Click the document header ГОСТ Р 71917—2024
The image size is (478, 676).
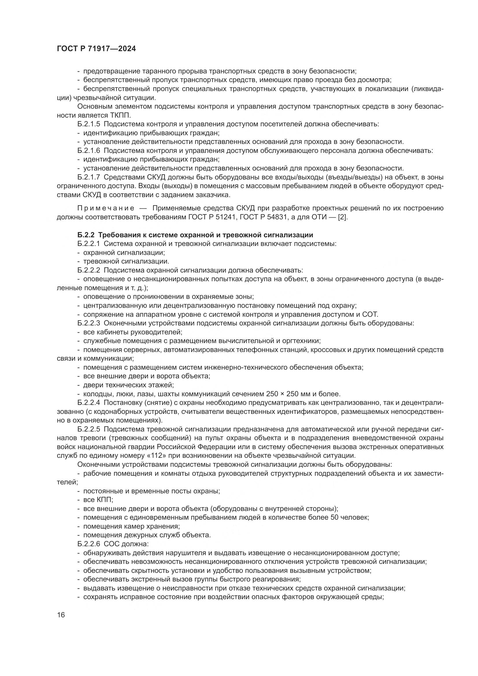tap(96, 49)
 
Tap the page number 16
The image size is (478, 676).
tap(61, 615)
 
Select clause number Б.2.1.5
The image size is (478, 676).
tap(89, 124)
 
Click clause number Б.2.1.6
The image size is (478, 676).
tap(89, 151)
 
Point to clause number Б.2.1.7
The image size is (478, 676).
tap(89, 177)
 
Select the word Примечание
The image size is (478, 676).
tap(106, 208)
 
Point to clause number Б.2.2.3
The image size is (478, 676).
tap(89, 323)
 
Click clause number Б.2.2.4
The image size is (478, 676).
tap(89, 403)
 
